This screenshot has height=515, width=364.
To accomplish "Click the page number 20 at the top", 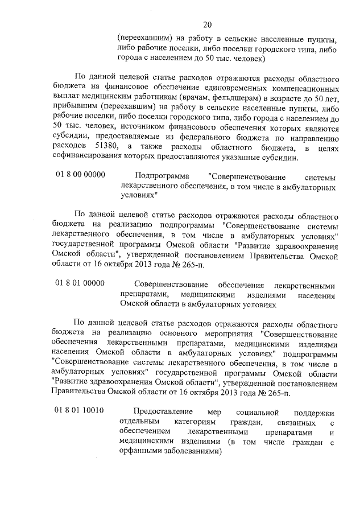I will [206, 23].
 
